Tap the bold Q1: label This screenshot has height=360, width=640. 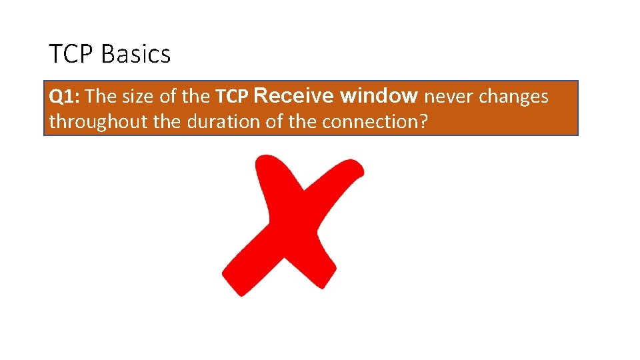pyautogui.click(x=65, y=97)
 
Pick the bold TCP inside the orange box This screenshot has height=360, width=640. pyautogui.click(x=231, y=97)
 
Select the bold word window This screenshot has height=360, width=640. pyautogui.click(x=379, y=96)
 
